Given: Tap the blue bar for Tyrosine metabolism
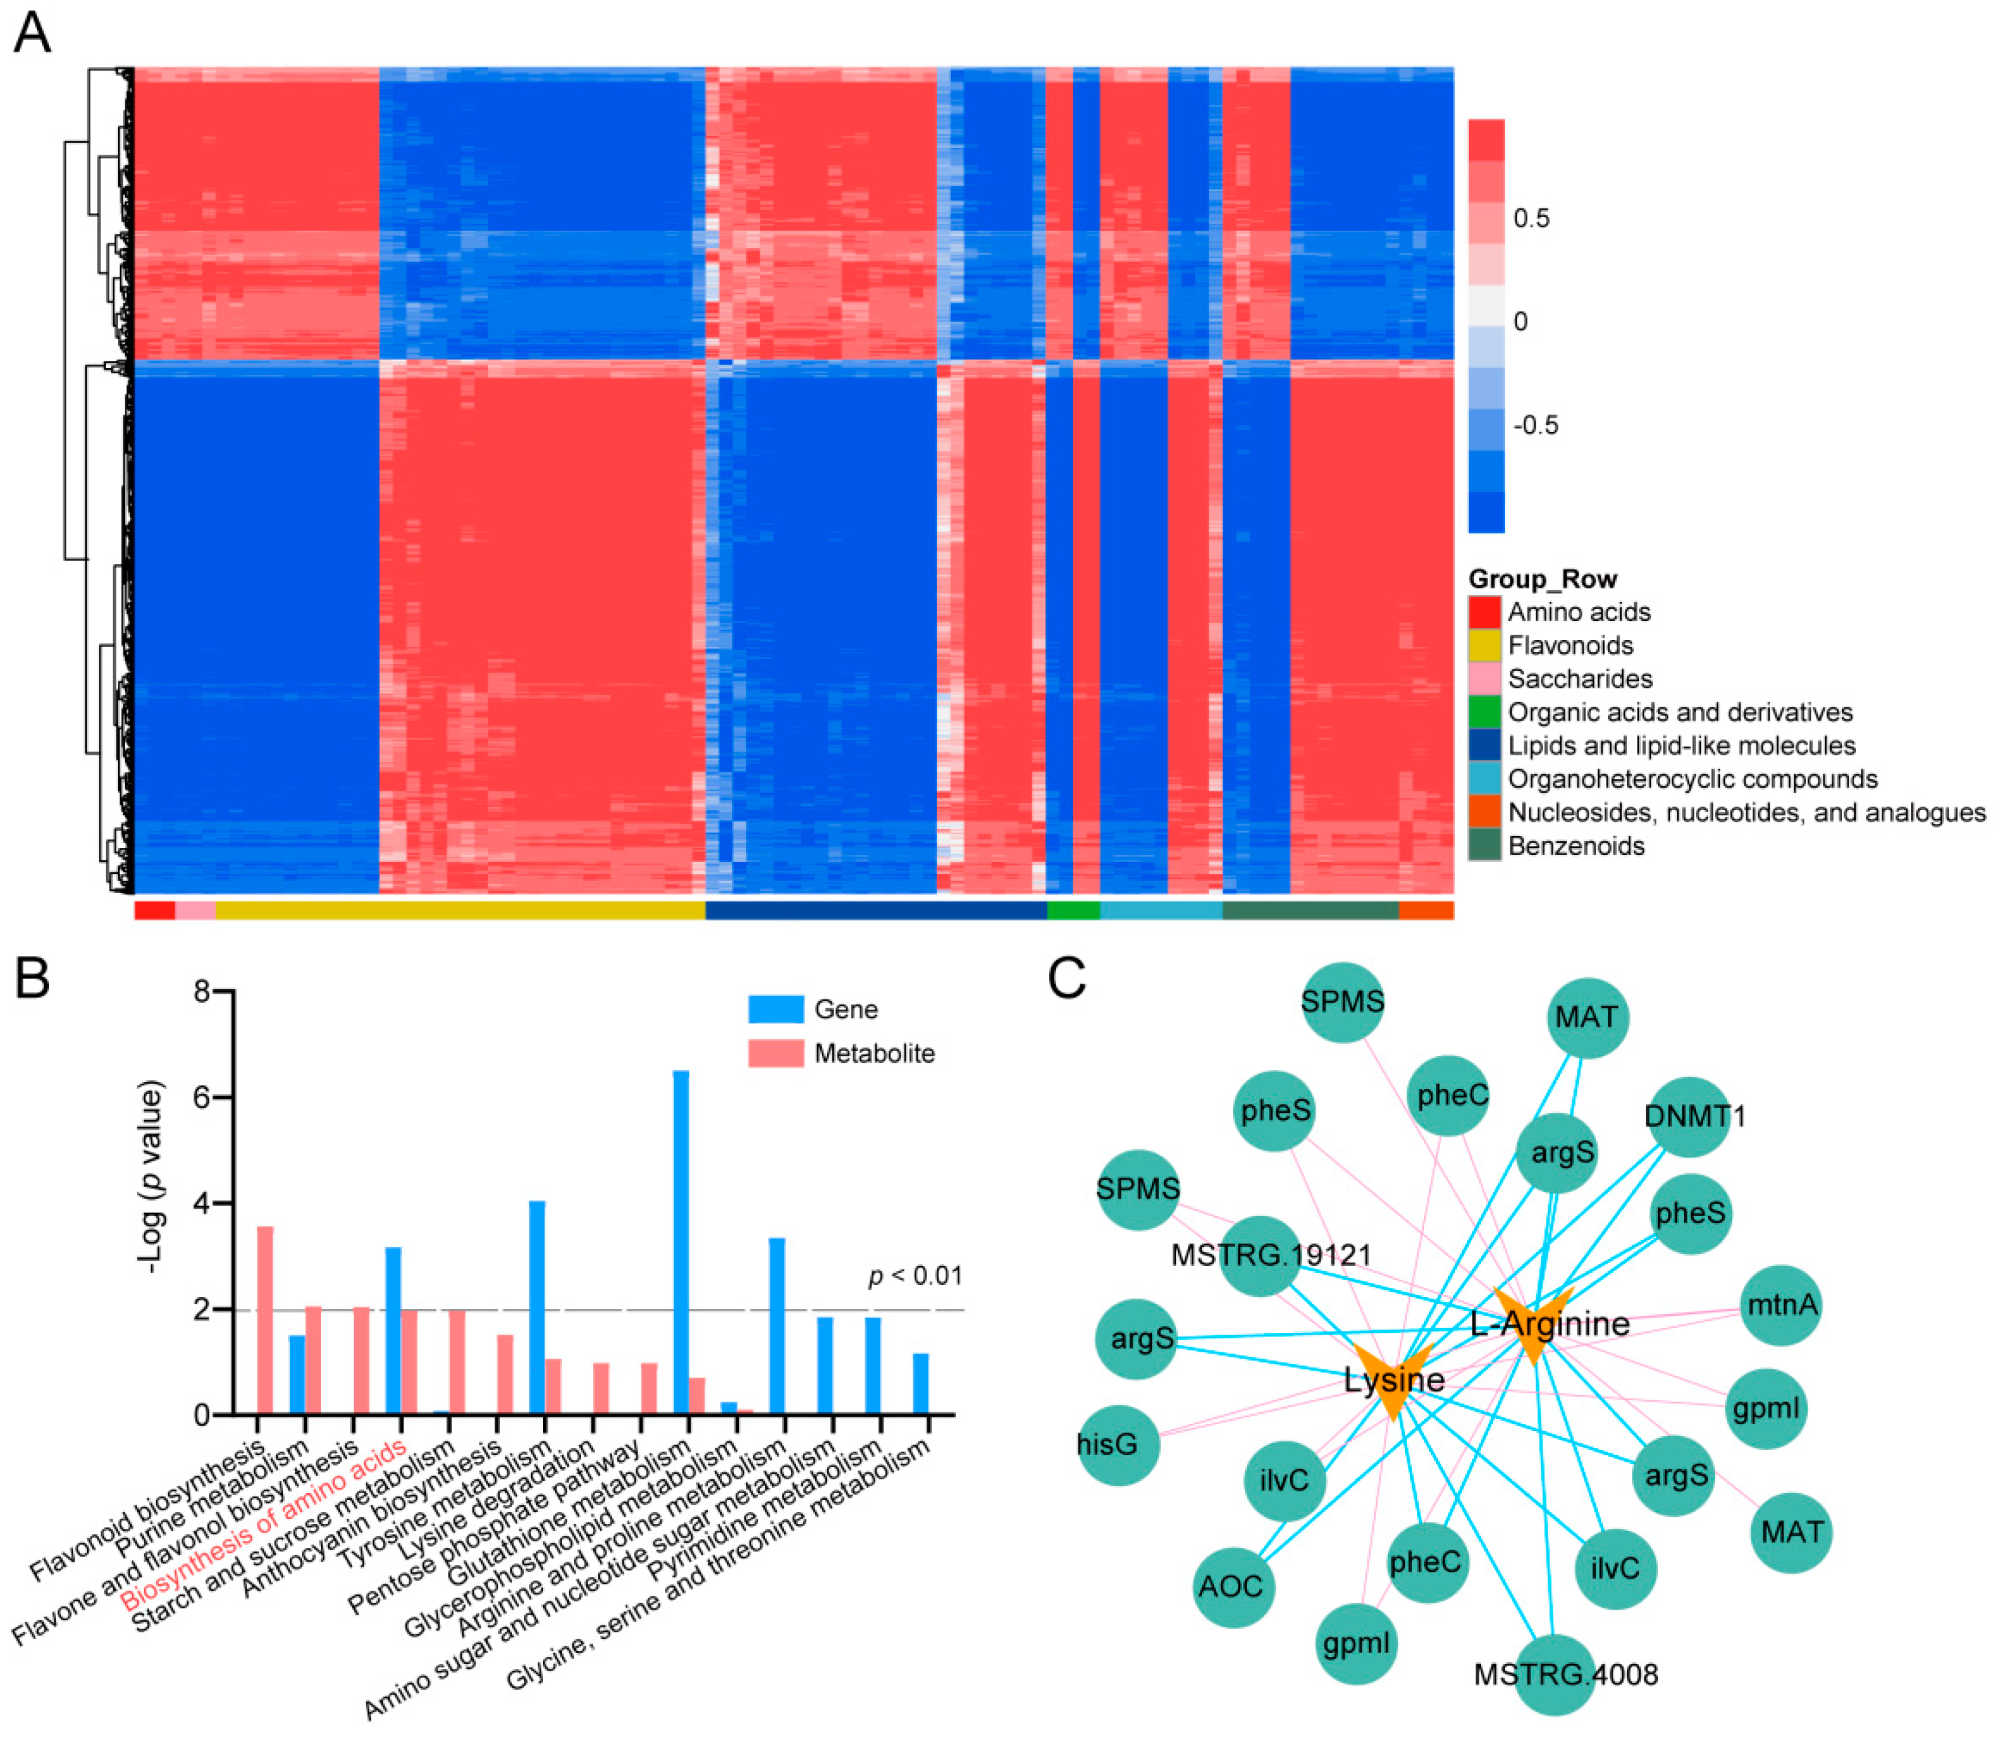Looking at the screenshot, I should [537, 1308].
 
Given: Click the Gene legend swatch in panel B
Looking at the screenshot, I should [775, 1009].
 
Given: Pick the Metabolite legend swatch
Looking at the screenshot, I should [775, 1053].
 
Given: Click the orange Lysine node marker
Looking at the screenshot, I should [1394, 1378].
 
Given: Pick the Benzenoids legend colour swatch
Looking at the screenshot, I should [1484, 845].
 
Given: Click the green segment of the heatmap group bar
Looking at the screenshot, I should [1073, 910].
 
